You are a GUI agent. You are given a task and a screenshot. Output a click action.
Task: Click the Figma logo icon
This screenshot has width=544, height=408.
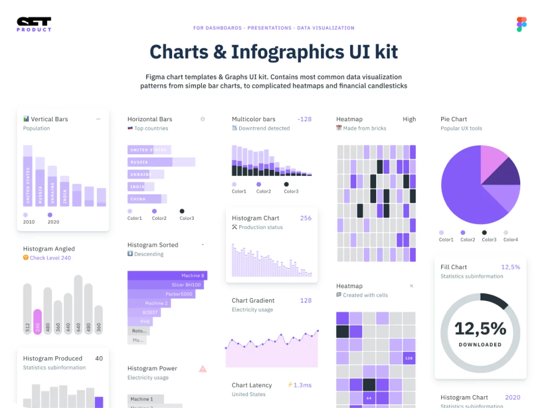tap(521, 25)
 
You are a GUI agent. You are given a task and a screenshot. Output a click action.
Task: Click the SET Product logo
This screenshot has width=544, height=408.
tap(34, 24)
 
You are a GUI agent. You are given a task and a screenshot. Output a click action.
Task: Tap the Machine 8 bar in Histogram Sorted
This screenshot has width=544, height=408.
tap(167, 275)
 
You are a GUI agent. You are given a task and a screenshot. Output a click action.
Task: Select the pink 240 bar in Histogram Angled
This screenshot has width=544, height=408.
tap(37, 322)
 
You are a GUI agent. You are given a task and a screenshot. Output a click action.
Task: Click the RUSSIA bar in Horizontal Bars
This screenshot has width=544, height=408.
tap(161, 162)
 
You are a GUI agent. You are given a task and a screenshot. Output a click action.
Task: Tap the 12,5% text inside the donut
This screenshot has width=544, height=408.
tap(480, 329)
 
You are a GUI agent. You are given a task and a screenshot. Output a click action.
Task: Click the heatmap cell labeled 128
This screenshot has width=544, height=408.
tap(409, 358)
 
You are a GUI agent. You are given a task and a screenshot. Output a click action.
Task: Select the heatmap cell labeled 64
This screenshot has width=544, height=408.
tap(369, 398)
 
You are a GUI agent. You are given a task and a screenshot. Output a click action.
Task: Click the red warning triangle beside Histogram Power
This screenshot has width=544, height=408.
tap(203, 369)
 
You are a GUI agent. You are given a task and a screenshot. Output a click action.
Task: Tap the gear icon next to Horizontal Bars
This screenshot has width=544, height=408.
tap(203, 119)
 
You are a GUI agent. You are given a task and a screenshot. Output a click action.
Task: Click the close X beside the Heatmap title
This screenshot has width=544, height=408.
tap(411, 286)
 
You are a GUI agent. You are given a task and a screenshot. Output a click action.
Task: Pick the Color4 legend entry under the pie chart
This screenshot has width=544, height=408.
tap(510, 240)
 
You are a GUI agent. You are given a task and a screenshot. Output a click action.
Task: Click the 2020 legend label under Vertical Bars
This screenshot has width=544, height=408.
tap(53, 222)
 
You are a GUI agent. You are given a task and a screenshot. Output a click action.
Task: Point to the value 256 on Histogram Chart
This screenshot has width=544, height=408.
tap(306, 218)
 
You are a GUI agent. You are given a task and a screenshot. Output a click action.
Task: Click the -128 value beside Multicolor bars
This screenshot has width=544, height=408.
tap(304, 119)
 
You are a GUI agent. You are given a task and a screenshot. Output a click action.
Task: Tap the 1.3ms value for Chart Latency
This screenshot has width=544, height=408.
tap(302, 385)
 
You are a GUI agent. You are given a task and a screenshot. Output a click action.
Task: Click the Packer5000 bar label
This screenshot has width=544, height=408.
tap(179, 294)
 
